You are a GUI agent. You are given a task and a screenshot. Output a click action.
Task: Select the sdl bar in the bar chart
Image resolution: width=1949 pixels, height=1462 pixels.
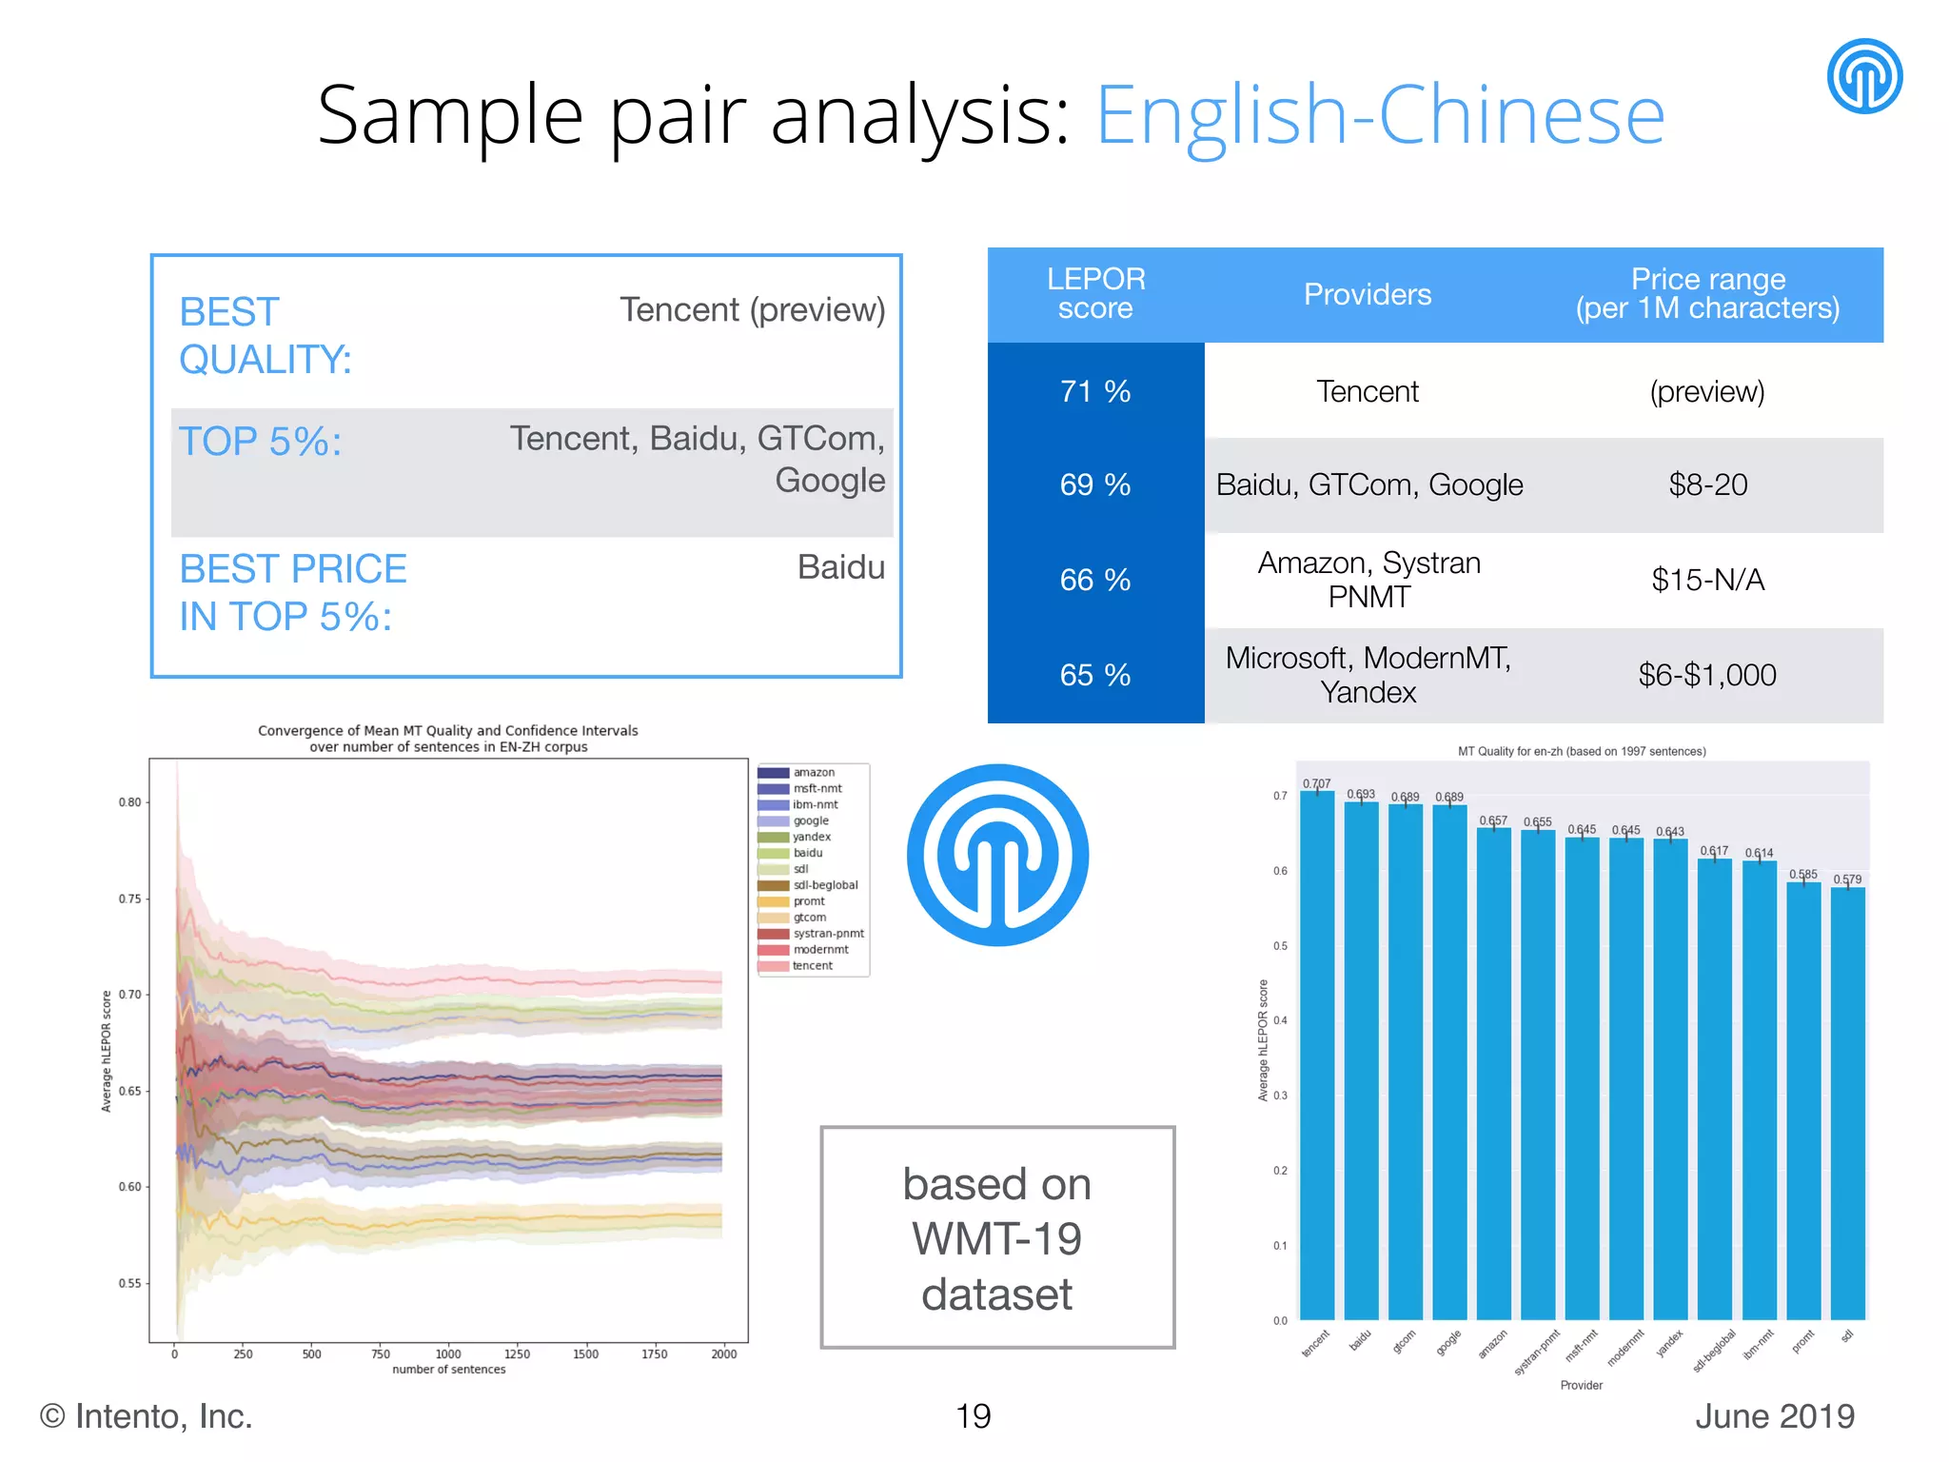(1847, 1104)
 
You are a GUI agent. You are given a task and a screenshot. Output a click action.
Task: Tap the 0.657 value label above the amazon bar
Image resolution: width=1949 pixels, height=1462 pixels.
(1493, 820)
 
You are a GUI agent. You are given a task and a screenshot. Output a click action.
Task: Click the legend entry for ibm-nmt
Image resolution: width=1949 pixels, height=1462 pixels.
(815, 804)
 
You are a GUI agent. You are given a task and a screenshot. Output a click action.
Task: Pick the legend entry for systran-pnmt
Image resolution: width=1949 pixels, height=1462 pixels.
(828, 934)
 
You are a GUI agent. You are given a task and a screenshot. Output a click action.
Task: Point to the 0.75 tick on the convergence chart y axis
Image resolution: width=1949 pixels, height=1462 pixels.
(129, 899)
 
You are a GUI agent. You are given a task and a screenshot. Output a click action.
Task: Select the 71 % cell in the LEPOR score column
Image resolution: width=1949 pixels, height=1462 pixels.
(1095, 391)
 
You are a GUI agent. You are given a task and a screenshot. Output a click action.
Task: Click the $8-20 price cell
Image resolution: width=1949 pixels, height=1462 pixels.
(1707, 484)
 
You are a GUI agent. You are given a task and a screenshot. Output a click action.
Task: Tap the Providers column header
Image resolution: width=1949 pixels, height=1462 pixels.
(1368, 294)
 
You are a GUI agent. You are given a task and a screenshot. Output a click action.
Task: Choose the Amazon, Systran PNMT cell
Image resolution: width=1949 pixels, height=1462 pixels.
(1368, 580)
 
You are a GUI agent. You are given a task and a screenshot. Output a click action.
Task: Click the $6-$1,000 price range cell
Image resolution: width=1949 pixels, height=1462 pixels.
(1707, 675)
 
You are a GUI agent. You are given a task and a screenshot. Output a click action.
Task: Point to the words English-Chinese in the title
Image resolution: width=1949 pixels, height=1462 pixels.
(1380, 115)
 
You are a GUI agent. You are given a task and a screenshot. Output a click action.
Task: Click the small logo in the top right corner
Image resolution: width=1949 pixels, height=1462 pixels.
(1864, 76)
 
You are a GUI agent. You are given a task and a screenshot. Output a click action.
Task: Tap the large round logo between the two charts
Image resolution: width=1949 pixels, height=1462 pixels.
(997, 855)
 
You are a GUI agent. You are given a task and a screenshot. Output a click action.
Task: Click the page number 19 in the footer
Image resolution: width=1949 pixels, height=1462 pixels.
(973, 1416)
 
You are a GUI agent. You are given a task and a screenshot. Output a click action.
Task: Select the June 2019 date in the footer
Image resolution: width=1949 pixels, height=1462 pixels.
(1775, 1416)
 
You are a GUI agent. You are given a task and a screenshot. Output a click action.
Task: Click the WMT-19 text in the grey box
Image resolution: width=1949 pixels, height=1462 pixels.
(997, 1239)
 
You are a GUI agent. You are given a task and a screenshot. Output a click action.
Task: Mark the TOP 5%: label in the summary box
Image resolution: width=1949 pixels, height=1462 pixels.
(261, 442)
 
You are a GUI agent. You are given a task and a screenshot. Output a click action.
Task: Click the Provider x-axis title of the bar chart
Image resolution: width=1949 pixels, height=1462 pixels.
(1582, 1385)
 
